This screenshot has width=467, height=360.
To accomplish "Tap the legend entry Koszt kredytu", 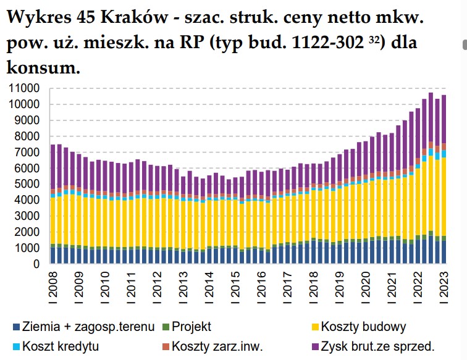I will (60, 346).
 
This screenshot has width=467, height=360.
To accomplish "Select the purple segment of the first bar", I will (53, 167).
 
